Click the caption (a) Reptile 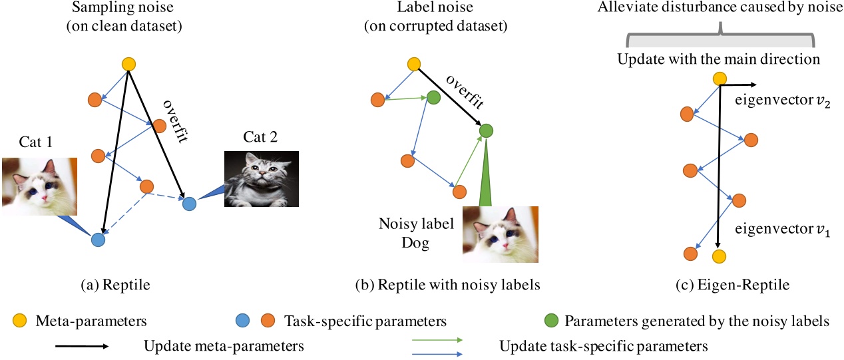coord(115,285)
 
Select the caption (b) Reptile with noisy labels coord(447,285)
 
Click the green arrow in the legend coord(436,339)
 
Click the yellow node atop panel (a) coord(128,65)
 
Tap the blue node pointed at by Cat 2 coord(190,203)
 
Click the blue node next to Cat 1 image coord(98,240)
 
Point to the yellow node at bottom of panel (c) coord(718,256)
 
